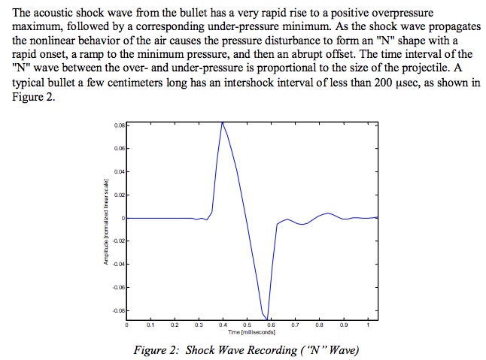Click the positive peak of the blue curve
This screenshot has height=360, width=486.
point(223,122)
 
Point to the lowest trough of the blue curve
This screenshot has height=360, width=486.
point(268,319)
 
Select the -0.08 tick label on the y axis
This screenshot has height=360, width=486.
point(117,310)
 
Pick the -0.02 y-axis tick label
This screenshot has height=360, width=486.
point(117,241)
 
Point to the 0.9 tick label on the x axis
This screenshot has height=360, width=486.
point(343,326)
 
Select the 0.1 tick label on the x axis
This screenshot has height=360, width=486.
point(151,326)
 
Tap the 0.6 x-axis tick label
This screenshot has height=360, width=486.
point(271,326)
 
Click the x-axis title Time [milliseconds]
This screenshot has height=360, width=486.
point(251,331)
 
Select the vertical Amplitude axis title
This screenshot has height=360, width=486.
point(109,219)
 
